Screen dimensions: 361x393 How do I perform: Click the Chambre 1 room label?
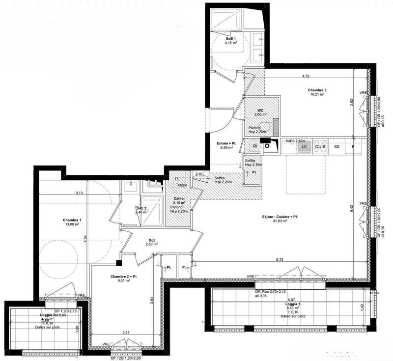coord(72,220)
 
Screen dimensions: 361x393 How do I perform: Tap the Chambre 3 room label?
coord(317,90)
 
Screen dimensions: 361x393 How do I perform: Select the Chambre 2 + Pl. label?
coord(120,277)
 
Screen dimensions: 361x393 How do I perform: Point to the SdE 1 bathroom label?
coord(231,38)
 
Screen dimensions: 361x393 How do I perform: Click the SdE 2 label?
coord(142,208)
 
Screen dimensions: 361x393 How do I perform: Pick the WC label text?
coord(261,111)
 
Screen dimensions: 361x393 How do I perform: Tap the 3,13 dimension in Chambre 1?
coord(79,193)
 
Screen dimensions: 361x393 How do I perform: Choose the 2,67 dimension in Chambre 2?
coord(126,333)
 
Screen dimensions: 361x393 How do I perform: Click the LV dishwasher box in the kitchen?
coord(304,146)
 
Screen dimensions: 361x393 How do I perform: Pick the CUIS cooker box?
coord(320,146)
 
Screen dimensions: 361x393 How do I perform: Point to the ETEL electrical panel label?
coord(199,174)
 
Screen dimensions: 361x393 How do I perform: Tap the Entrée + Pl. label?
coord(227,143)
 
